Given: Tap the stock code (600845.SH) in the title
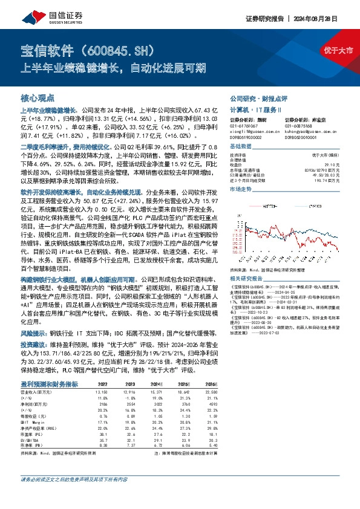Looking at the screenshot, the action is [127, 50].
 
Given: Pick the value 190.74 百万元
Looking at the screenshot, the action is [336, 181].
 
